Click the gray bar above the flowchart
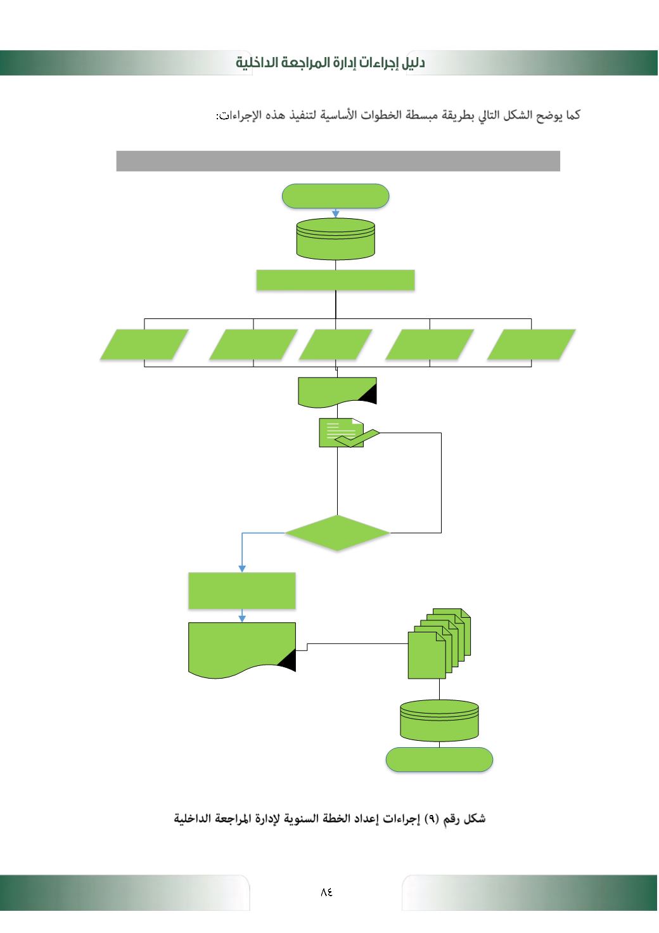click(x=338, y=161)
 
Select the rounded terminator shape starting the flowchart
click(x=335, y=196)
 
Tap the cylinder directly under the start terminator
click(x=335, y=238)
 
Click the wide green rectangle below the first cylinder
click(x=335, y=280)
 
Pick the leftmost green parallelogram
click(x=144, y=344)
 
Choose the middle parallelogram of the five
click(x=335, y=344)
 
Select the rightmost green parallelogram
click(x=531, y=344)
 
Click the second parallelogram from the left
click(x=253, y=344)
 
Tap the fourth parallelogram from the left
click(x=430, y=344)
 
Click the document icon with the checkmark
click(x=342, y=433)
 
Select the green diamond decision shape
click(x=337, y=533)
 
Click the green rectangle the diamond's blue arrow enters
click(x=242, y=590)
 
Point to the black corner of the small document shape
click(x=369, y=396)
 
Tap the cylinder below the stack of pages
click(x=439, y=721)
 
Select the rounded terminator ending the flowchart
click(x=439, y=759)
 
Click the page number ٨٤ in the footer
click(x=326, y=891)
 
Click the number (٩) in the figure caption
click(x=432, y=819)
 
